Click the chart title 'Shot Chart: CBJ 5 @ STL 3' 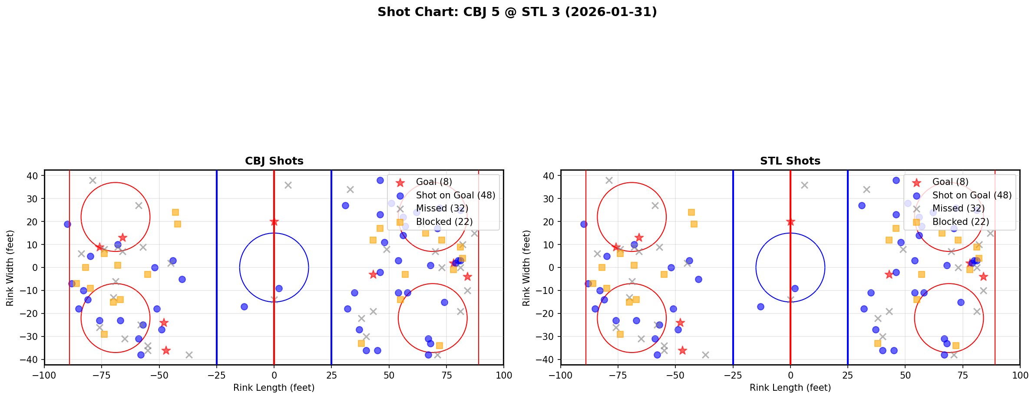coord(517,12)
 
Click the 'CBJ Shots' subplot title coord(274,161)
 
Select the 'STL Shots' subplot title coord(790,161)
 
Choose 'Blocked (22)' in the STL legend coord(961,222)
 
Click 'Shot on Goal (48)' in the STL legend coord(972,195)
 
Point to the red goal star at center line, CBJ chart coord(274,222)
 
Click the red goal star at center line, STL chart coord(790,222)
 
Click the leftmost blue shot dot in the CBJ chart coord(67,224)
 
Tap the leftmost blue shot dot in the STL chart coord(584,224)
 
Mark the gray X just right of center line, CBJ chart coord(288,185)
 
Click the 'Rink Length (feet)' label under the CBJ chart coord(274,388)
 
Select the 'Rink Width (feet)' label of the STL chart coord(526,267)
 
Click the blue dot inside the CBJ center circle coord(279,288)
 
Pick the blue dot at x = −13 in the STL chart coord(761,307)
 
